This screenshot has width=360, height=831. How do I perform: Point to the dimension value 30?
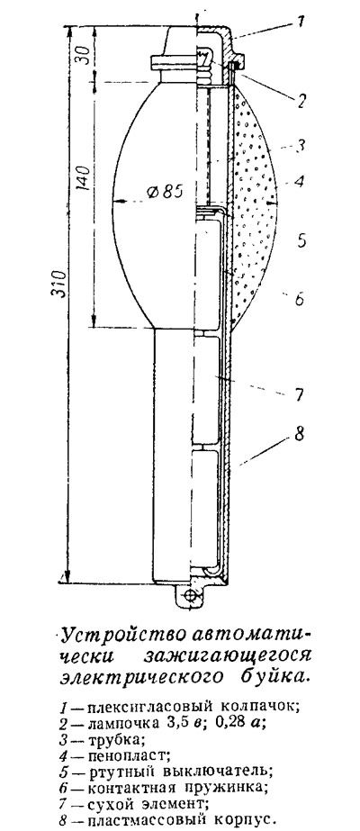click(85, 53)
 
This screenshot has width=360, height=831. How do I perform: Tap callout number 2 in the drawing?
click(301, 101)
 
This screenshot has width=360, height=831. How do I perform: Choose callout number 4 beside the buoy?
click(300, 182)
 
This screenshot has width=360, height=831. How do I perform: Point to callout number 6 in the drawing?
click(299, 299)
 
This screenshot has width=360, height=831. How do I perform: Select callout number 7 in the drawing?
click(299, 394)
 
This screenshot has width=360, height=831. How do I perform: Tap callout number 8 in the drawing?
click(299, 436)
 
